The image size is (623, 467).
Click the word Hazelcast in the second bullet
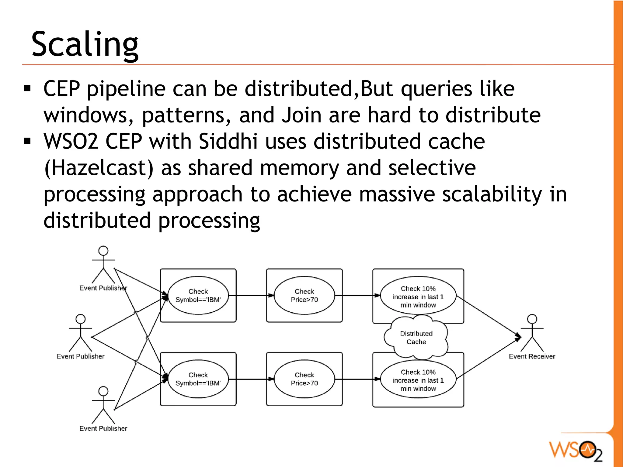coord(99,168)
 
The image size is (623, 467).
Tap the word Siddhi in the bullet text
coord(228,141)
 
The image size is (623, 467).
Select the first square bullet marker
coord(27,88)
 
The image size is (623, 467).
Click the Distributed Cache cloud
coord(416,338)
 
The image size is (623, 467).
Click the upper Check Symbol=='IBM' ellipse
coord(198,295)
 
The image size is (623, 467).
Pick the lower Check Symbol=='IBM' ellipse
coord(198,379)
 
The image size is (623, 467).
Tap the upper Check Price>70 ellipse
coord(304,295)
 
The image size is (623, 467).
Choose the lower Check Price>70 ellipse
coord(304,379)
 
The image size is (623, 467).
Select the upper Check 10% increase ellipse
coord(418,296)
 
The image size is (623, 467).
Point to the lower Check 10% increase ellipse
coord(418,380)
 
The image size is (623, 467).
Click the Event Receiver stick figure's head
coord(532,319)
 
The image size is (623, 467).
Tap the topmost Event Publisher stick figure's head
coord(103,251)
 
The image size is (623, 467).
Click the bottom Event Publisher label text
coord(103,428)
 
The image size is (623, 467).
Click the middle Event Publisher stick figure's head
coord(81,319)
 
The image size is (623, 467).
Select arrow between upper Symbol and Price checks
coord(251,295)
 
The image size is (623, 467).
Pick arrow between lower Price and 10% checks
coord(357,379)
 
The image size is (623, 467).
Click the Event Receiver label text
coord(532,356)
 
